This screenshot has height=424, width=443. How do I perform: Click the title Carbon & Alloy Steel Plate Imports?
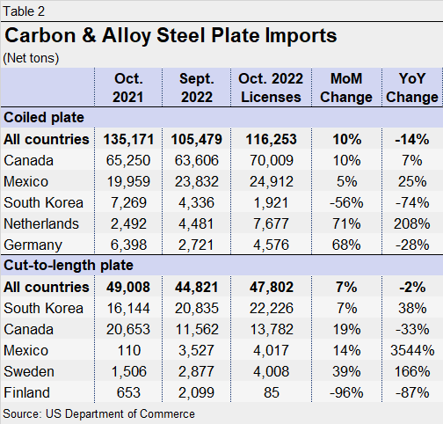point(171,36)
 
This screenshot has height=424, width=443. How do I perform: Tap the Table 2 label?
point(25,11)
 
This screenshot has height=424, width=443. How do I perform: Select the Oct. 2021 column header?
point(128,86)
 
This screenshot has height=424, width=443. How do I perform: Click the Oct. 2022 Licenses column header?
point(268,86)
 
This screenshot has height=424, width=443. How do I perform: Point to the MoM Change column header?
point(345,86)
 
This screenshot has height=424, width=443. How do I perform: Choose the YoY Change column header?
point(411,86)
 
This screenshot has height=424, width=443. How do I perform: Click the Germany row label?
point(33,245)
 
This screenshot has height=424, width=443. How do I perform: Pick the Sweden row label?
point(31,371)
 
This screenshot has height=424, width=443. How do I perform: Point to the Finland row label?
point(29,392)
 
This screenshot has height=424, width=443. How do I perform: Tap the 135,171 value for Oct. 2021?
point(128,139)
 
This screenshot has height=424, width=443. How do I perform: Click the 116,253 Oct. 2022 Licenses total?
point(268,139)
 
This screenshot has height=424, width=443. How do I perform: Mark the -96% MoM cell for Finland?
point(345,392)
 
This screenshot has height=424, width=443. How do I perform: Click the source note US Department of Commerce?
point(99,413)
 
